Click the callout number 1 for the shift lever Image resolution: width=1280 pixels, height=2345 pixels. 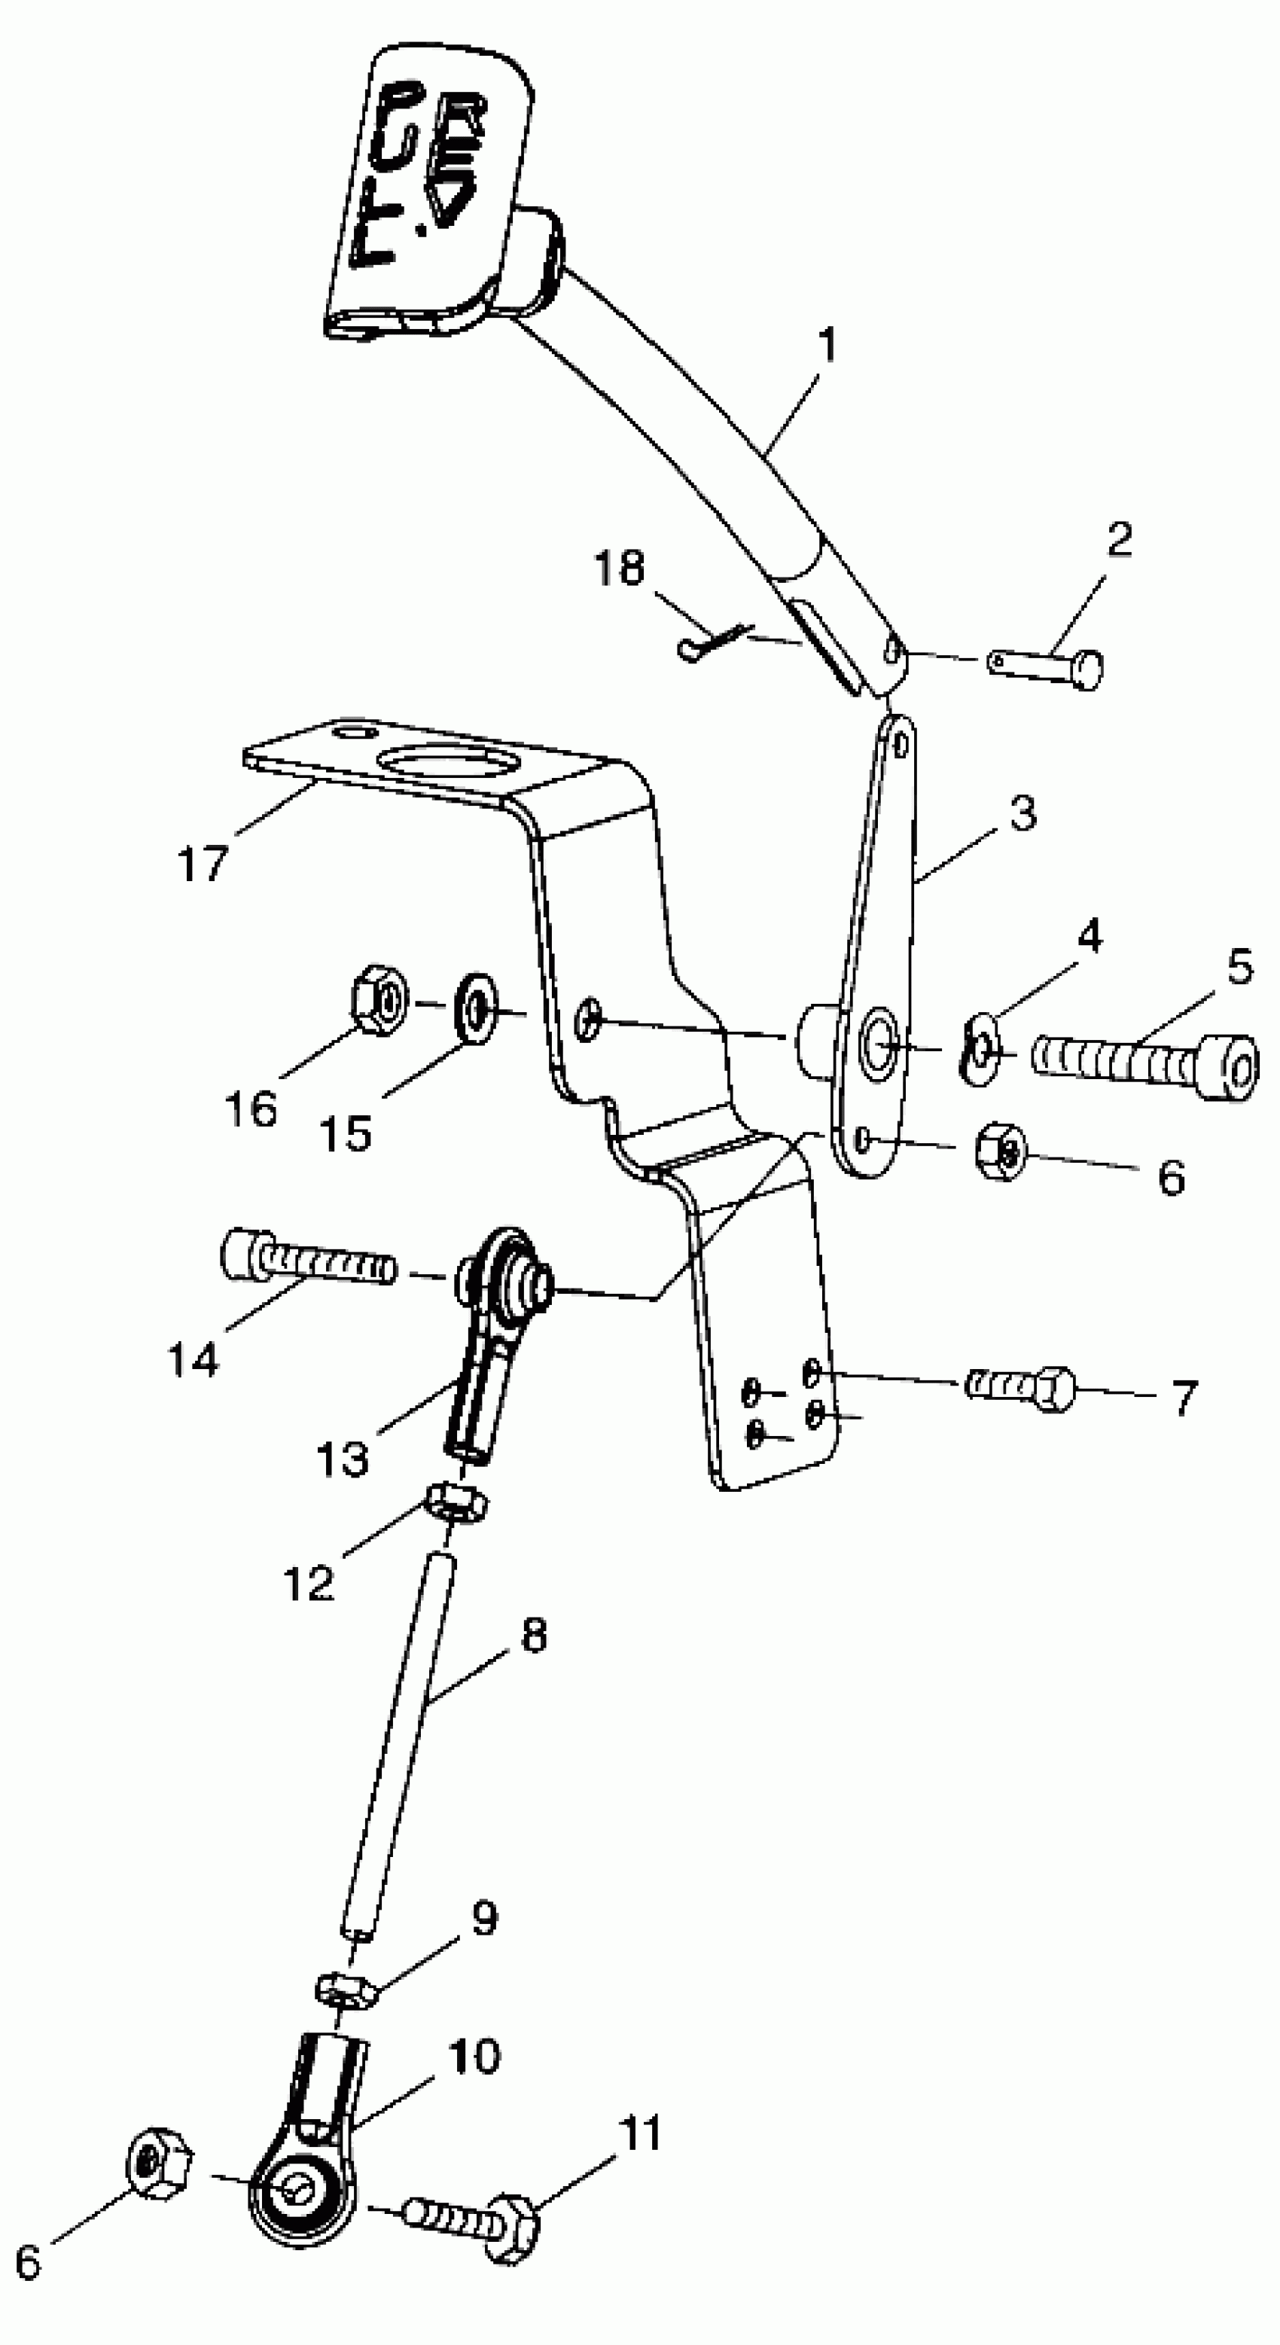(826, 346)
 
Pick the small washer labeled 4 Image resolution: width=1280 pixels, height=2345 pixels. (980, 1050)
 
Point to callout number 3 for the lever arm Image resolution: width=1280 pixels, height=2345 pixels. (1022, 813)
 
